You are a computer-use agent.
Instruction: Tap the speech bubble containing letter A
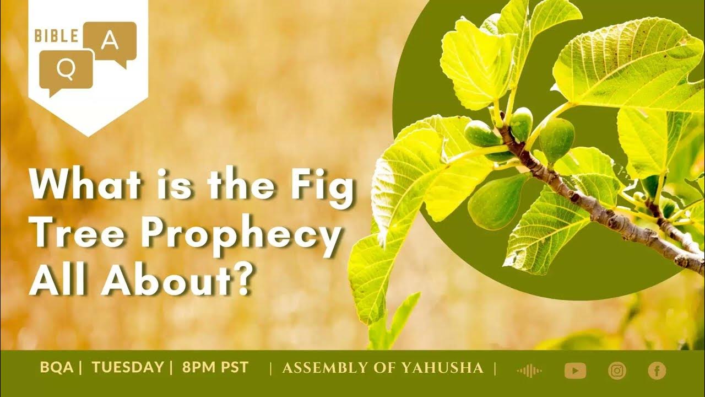[x=111, y=40]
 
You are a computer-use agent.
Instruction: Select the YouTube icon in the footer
[x=575, y=371]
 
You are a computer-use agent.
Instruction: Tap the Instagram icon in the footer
[x=617, y=371]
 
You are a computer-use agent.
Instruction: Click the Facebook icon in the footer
[x=657, y=371]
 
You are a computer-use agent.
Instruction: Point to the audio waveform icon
[x=529, y=371]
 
